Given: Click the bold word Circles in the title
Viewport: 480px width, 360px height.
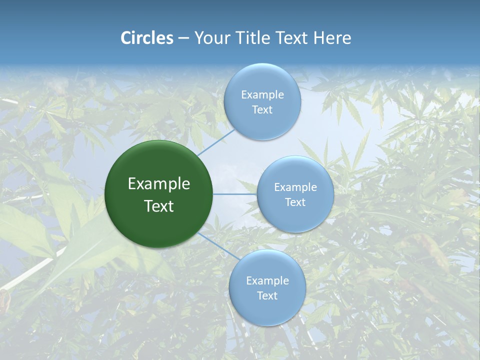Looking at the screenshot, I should tap(147, 38).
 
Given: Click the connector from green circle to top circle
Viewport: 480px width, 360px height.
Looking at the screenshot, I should tap(216, 142).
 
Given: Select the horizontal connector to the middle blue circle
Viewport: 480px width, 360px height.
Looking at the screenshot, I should tap(234, 194).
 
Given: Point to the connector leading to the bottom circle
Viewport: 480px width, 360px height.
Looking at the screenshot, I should tap(218, 246).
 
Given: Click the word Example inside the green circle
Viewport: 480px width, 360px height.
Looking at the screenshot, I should tap(159, 184).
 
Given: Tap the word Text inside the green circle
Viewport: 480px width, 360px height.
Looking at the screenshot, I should tap(159, 206).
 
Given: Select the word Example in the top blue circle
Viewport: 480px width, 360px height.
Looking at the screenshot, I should tap(262, 95).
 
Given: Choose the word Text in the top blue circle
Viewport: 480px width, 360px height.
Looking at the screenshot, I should tap(262, 110).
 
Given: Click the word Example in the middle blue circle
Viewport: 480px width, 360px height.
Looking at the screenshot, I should tap(295, 187).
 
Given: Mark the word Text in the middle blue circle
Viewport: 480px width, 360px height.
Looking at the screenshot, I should tap(295, 202).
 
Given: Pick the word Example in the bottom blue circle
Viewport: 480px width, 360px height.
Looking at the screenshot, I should tap(267, 281).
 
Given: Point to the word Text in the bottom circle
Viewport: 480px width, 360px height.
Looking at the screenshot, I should tap(267, 296).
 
